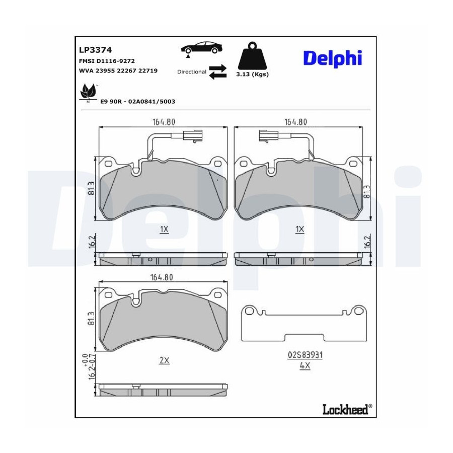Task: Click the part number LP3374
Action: coord(95,50)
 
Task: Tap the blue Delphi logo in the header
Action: coord(333,59)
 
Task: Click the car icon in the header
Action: coord(202,48)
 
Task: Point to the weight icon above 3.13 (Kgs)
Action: coord(252,56)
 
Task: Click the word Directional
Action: coord(192,71)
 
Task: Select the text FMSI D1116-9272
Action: coord(107,61)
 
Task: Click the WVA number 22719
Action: coord(148,71)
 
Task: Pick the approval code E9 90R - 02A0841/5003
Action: coord(137,101)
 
